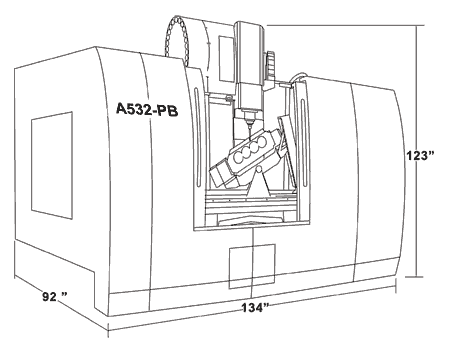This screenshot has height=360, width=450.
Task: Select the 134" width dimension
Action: pyautogui.click(x=255, y=308)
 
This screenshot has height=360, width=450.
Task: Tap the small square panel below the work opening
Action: pyautogui.click(x=244, y=266)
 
